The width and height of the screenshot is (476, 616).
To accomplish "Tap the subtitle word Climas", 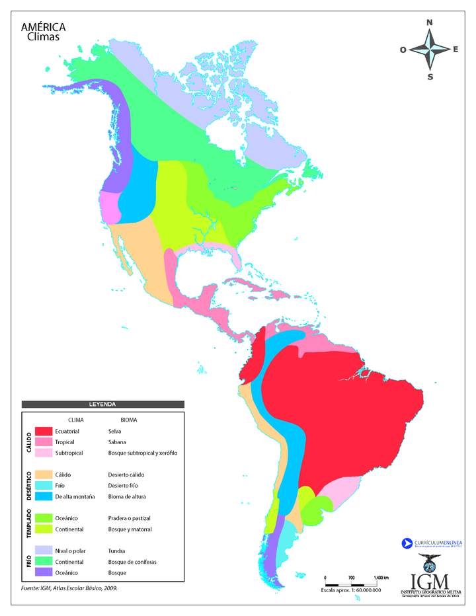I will click(x=43, y=37).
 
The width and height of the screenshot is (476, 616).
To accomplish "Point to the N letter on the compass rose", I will click(x=430, y=22).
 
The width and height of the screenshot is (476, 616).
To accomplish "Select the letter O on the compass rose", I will click(x=403, y=50).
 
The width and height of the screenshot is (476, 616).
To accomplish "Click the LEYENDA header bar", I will click(x=102, y=404).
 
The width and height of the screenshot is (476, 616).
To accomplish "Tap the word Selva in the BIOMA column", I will click(x=116, y=431).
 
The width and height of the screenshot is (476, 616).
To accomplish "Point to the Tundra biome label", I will click(x=118, y=551).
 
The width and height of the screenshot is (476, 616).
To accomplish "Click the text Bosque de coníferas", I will click(x=132, y=561).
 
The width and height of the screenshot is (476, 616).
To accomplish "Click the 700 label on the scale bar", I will click(x=351, y=578).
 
